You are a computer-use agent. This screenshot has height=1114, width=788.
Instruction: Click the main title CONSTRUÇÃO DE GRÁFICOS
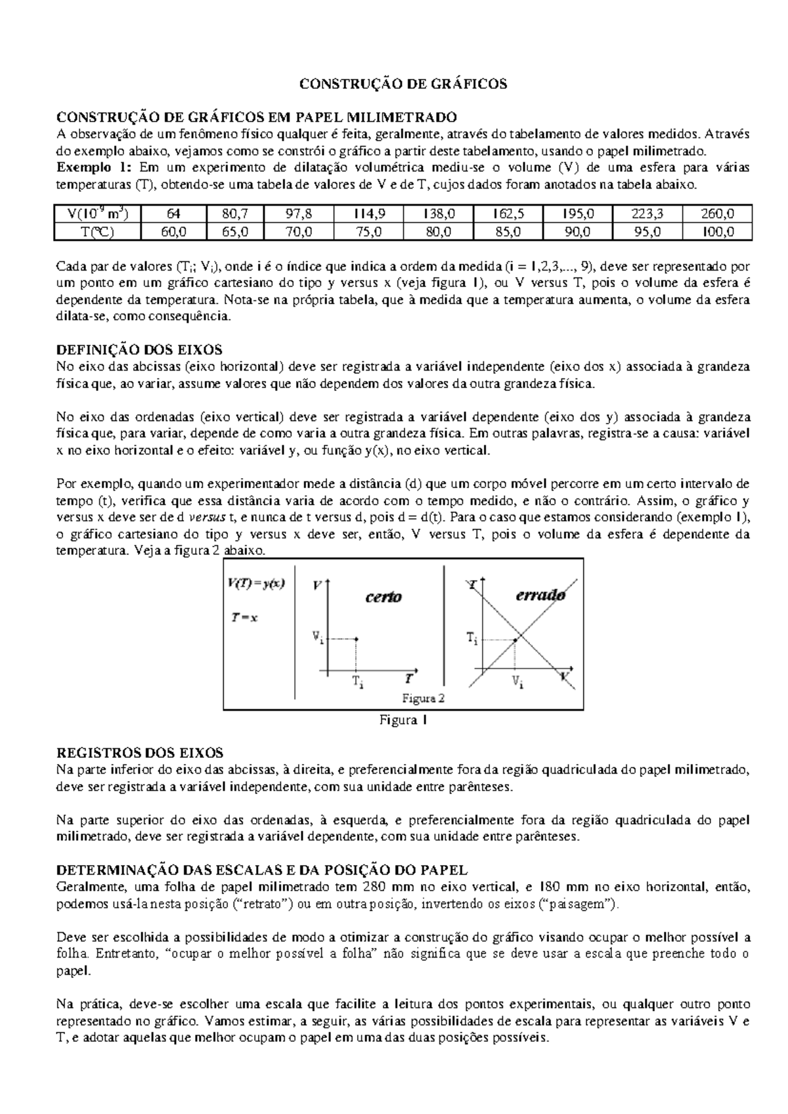point(403,84)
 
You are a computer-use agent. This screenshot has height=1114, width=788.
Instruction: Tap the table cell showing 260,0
point(717,214)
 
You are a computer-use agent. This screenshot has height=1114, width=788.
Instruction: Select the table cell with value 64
point(174,214)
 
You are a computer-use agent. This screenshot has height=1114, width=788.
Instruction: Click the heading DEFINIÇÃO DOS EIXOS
point(140,349)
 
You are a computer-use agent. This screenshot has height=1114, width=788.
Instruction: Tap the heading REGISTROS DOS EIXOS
point(141,753)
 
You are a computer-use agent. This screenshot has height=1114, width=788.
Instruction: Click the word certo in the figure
point(383,597)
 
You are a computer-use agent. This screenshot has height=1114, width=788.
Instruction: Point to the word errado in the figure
point(540,596)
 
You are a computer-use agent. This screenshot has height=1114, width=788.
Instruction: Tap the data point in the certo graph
point(356,638)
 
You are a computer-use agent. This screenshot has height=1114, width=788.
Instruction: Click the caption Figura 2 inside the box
point(424,698)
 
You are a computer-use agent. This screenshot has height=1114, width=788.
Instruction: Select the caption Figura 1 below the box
point(404,721)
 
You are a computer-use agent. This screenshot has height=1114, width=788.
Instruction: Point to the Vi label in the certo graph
point(317,637)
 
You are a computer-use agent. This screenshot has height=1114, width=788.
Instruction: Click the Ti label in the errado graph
point(472,638)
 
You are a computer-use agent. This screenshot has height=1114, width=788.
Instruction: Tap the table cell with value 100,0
point(717,231)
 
